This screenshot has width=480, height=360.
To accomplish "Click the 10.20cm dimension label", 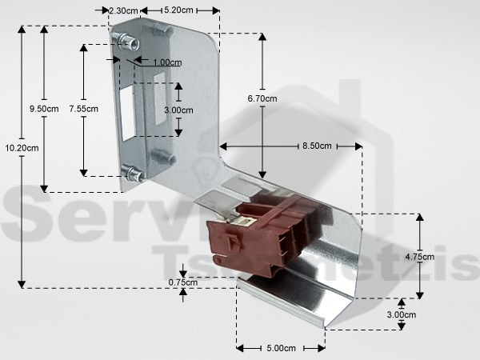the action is [x=22, y=148].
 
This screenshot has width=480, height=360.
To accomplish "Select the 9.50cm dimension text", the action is [x=44, y=109].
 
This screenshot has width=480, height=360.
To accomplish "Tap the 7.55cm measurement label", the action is [x=83, y=109].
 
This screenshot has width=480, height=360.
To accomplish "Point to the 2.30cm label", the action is [x=123, y=10].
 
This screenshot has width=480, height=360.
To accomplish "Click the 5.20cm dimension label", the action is [x=178, y=10].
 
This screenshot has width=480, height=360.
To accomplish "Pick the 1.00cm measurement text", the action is [x=167, y=62].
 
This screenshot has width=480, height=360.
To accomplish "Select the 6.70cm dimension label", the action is [x=262, y=98].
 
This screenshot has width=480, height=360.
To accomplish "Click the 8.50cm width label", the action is [x=317, y=146].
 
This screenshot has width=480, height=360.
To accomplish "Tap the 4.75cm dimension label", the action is [x=420, y=257].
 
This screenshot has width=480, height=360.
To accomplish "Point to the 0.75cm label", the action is [x=183, y=282].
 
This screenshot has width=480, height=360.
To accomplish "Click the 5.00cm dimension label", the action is [x=282, y=348].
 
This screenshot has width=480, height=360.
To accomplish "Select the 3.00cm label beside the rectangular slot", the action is [x=178, y=110].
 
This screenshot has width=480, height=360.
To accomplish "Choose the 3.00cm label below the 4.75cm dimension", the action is [x=402, y=314].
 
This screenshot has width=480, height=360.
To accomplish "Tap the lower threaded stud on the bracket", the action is [x=133, y=174].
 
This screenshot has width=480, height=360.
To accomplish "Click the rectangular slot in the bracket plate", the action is [x=128, y=113].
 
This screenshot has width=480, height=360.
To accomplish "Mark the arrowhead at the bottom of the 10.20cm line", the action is [x=22, y=284].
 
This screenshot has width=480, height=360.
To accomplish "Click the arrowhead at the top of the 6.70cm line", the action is [x=262, y=37].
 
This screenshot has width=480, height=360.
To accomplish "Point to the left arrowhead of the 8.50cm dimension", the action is [x=223, y=146].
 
